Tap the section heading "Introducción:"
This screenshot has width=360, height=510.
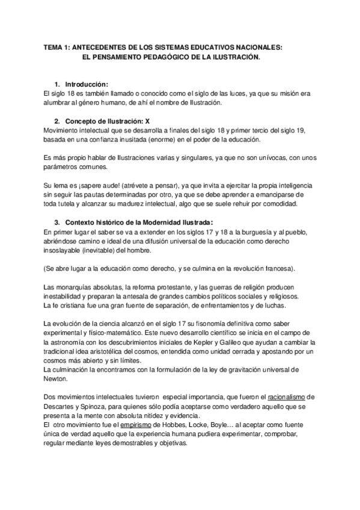(x=87, y=85)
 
